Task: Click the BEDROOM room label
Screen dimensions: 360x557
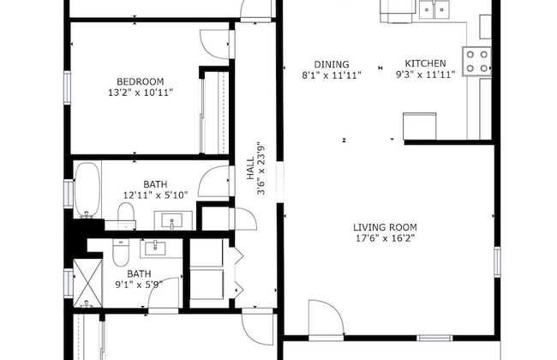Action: point(135,81)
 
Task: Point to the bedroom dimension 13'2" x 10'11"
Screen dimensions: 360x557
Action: point(135,93)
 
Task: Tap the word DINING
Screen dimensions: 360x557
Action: point(331,63)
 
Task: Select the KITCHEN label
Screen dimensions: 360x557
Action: point(425,63)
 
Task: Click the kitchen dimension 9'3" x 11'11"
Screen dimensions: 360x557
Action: point(426,75)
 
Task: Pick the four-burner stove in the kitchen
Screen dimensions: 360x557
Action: point(477,60)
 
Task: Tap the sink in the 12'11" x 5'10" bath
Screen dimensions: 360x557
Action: point(172,223)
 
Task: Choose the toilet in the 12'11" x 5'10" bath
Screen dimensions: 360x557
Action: point(120,223)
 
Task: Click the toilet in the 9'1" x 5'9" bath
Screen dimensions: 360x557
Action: point(120,254)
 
